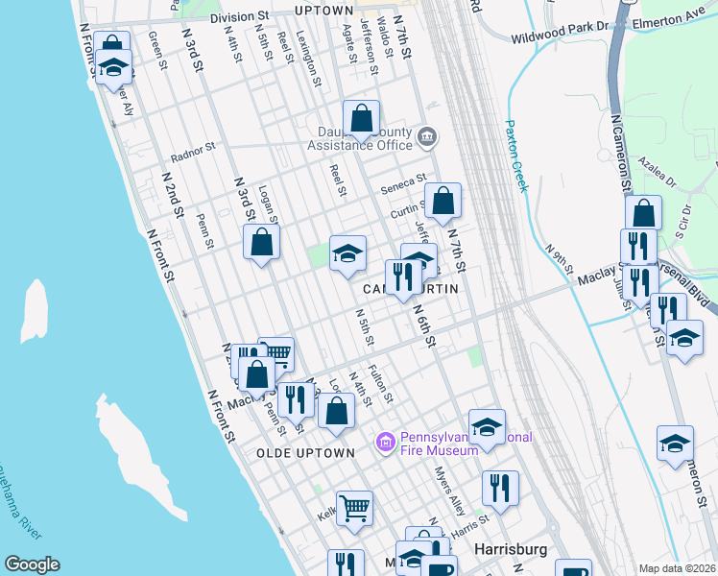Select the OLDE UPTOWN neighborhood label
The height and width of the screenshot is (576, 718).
coord(305,452)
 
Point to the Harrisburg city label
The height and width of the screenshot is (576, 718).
coord(513,549)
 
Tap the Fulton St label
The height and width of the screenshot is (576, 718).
coord(381,383)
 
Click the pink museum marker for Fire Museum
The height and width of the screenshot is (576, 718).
coord(386,443)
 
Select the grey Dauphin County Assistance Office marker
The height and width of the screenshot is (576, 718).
coord(428,137)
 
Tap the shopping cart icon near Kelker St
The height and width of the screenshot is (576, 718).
coord(354,507)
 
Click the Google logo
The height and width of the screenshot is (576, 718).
coord(32,564)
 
